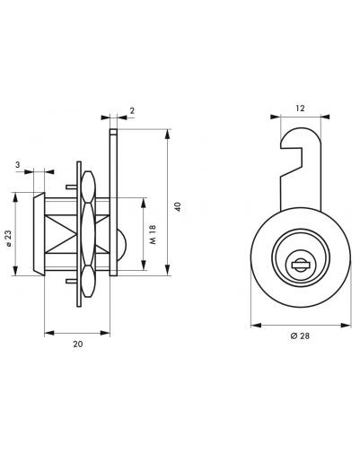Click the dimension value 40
click(x=179, y=206)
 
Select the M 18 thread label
click(x=154, y=234)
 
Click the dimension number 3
click(x=17, y=165)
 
